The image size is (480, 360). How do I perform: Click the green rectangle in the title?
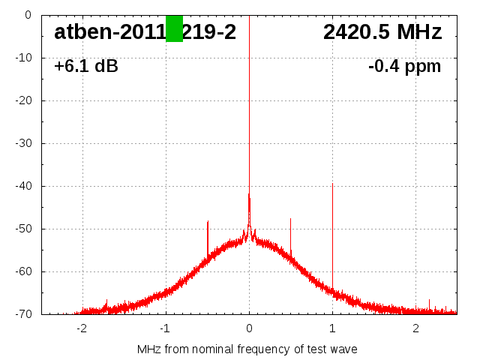pos(174,28)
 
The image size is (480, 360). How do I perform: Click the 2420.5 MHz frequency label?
pos(382,32)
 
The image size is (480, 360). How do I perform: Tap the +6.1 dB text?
pos(86,67)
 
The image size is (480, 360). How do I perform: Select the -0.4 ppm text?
pos(404,67)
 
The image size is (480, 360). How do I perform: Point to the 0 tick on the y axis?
pos(27,15)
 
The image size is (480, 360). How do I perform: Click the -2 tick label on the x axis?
pos(81,329)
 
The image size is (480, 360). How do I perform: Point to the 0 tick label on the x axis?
pos(249,329)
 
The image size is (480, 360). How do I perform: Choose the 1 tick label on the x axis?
pos(332,329)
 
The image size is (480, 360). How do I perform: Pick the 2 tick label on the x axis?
pos(415,329)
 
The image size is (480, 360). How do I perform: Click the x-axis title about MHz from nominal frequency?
pos(247,349)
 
